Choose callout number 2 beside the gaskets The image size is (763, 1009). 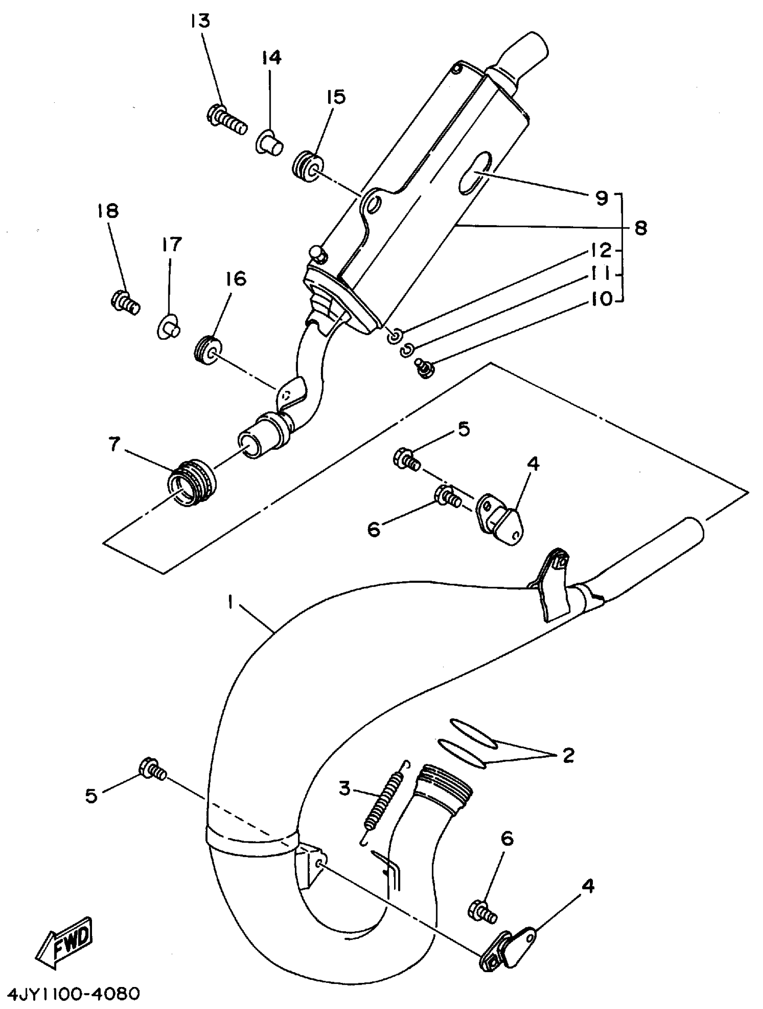568,756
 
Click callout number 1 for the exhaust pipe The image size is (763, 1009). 231,603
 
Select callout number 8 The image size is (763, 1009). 640,228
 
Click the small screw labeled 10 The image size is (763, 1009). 424,365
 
